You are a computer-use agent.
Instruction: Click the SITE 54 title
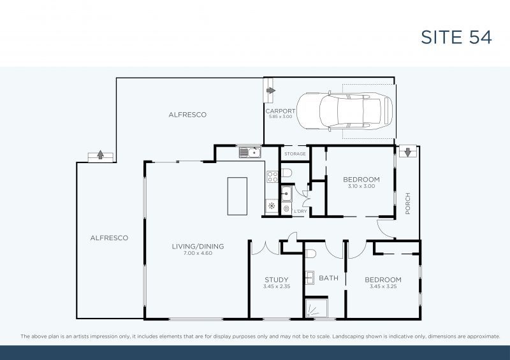click(x=456, y=37)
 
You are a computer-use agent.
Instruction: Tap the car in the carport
click(x=345, y=112)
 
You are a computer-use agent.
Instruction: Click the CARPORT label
click(x=280, y=111)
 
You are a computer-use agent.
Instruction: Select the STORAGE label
click(x=295, y=154)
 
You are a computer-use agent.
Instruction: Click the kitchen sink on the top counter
click(x=249, y=152)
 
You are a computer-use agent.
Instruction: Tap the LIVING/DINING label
click(x=198, y=246)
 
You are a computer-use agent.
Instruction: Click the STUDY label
click(x=277, y=280)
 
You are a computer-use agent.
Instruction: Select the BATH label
click(x=329, y=278)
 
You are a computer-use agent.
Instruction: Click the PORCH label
click(x=408, y=203)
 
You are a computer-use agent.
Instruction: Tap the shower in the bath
click(x=316, y=309)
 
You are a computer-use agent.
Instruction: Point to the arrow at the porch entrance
click(x=406, y=152)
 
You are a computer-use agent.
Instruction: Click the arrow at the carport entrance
click(x=270, y=90)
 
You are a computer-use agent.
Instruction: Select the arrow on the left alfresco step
click(x=100, y=155)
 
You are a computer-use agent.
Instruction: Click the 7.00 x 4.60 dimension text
click(x=198, y=253)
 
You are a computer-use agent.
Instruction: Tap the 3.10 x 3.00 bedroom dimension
click(x=361, y=187)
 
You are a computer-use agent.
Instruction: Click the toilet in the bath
click(x=310, y=254)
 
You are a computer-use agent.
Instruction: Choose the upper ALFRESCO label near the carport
click(x=187, y=115)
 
